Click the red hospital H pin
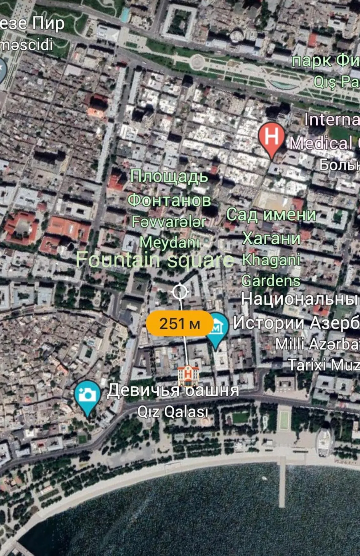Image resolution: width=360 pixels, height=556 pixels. pos(271,137)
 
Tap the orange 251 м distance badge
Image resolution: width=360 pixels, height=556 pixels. pos(180,323)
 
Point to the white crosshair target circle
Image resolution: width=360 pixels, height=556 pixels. pos(180,291)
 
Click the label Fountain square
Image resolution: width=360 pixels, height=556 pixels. pos(155,260)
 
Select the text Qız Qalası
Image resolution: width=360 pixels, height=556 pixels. pos(172,411)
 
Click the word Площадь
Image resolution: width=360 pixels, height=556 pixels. pos(169,176)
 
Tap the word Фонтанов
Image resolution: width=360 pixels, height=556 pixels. pos(169,200)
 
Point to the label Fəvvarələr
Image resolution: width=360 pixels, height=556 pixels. pos(169,221)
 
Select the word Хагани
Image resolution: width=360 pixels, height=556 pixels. pos(271,238)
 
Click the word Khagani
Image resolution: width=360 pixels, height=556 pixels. pos(271,259)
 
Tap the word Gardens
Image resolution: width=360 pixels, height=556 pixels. pos(271,280)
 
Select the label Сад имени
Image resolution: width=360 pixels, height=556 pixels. pos(271,214)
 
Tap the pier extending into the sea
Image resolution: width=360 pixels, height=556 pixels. pos(282,483)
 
